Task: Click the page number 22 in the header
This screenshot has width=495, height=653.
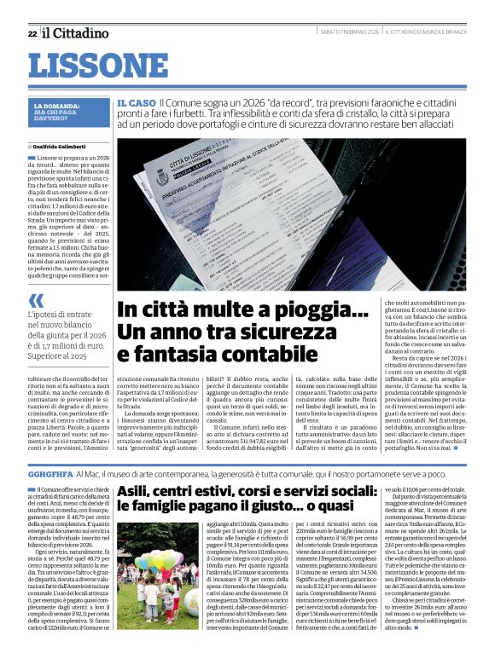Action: click(x=32, y=33)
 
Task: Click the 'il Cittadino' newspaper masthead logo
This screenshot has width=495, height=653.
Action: click(x=76, y=33)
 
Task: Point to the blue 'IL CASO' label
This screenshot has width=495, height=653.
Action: click(x=135, y=101)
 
